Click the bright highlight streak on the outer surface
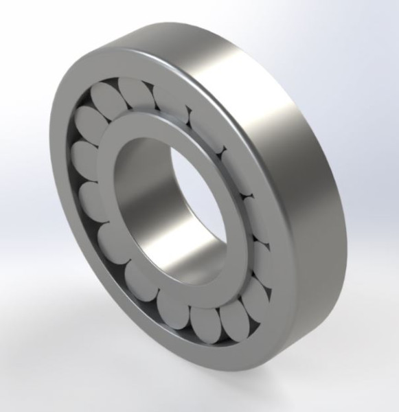tap(275, 103)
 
